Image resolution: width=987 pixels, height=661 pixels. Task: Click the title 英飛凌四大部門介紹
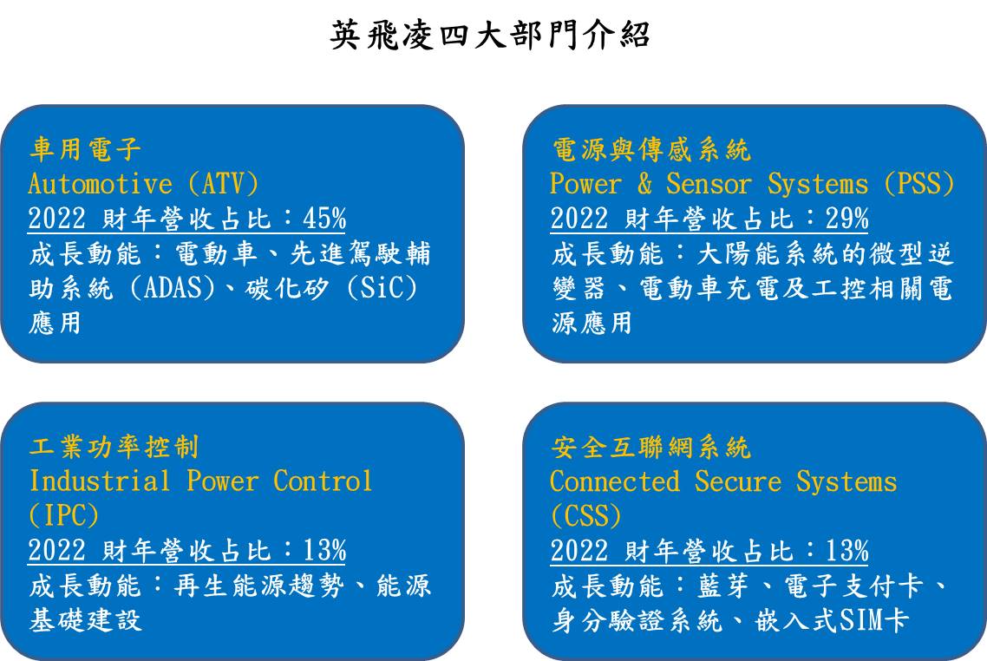489,35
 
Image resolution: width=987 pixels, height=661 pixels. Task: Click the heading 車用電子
85,149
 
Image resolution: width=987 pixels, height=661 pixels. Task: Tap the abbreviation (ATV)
224,184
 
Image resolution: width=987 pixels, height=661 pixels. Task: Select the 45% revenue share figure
324,219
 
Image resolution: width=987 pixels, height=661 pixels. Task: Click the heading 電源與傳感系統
650,149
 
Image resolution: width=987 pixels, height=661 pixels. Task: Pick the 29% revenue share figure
846,219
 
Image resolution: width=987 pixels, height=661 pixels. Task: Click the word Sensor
709,184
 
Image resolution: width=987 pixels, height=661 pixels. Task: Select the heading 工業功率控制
114,447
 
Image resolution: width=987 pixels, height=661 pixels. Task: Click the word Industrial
100,481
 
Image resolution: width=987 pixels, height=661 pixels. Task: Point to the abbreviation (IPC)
63,515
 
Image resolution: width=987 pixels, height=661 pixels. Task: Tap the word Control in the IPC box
323,481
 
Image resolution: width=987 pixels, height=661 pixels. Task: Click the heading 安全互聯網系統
650,447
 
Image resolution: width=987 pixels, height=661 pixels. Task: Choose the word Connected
615,481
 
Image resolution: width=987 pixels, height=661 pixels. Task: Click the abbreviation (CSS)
586,515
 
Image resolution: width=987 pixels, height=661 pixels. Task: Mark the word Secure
738,481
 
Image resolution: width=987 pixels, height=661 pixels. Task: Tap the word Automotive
100,184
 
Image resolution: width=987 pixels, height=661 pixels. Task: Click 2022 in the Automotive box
56,219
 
